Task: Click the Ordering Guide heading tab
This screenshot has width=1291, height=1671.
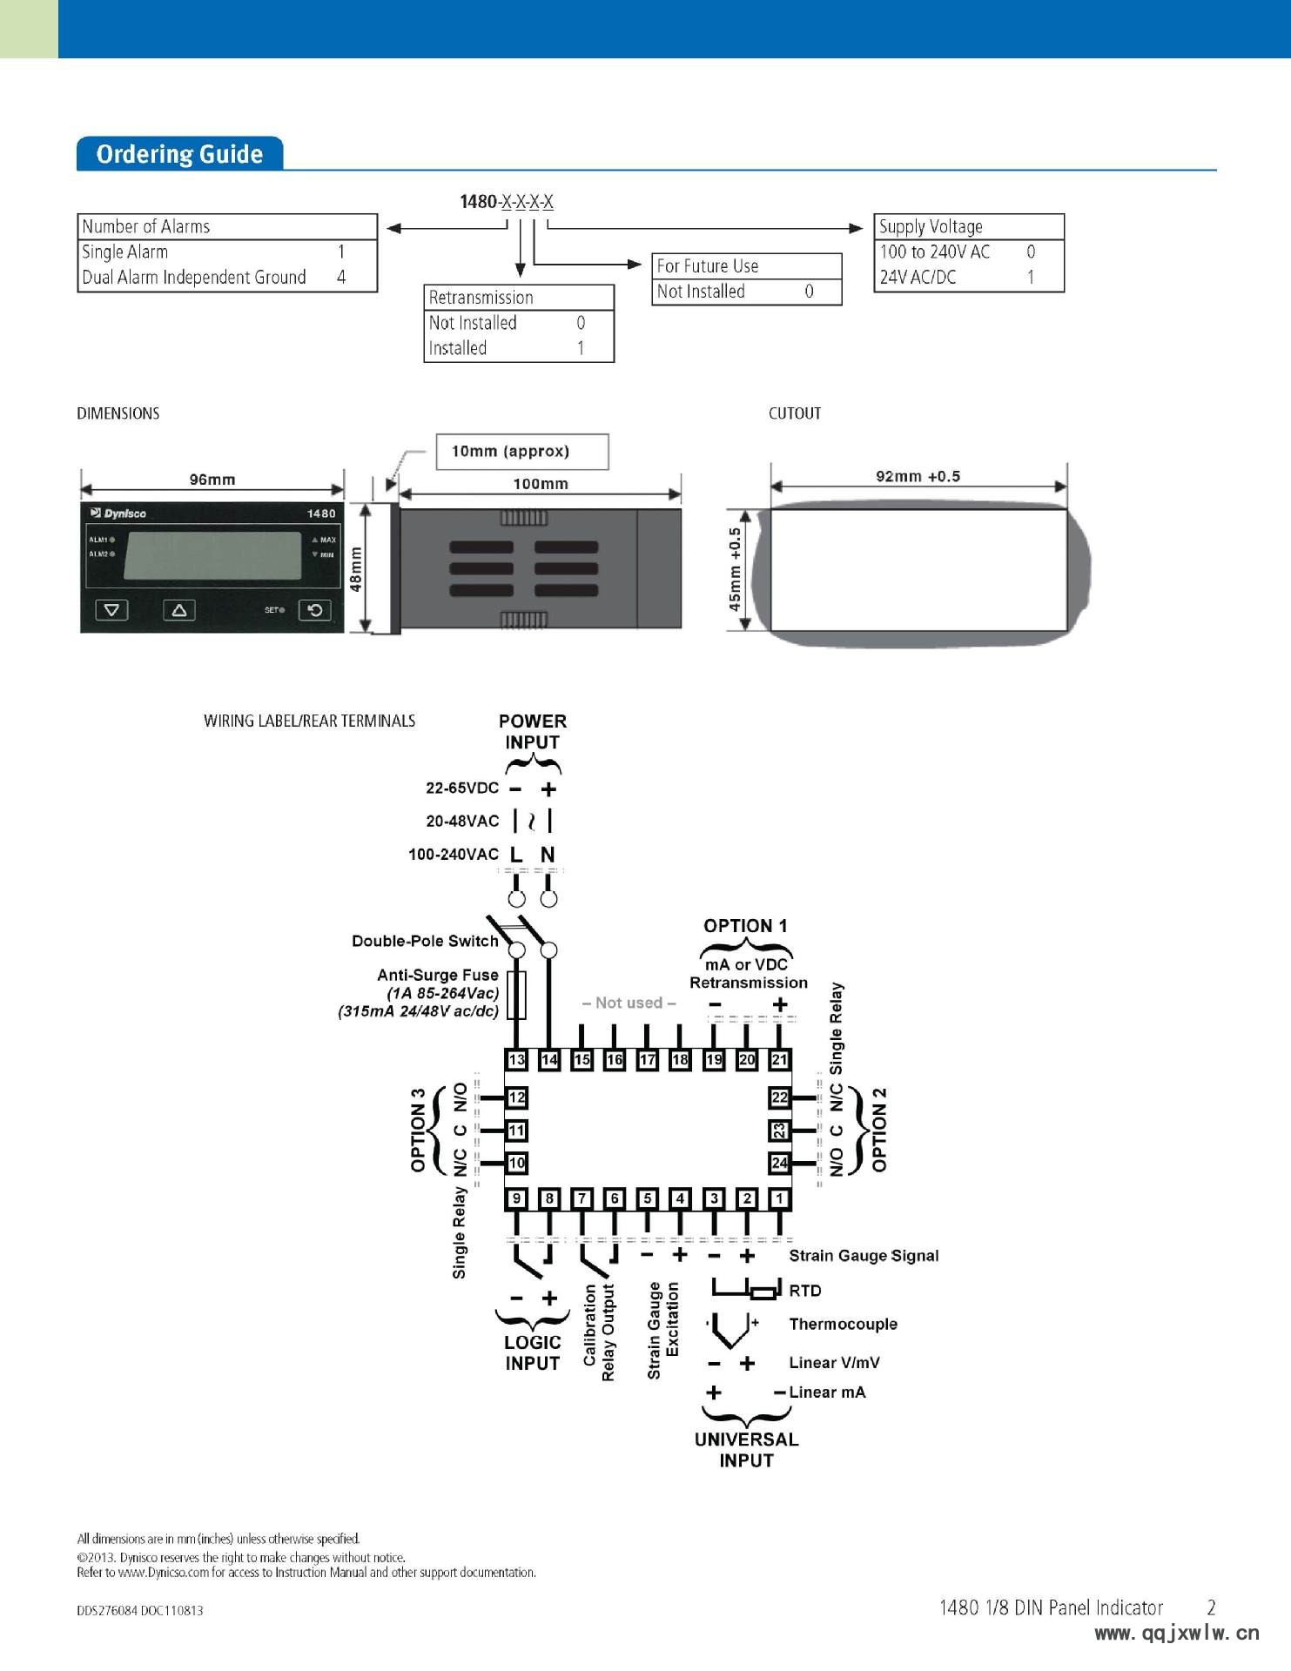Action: (179, 154)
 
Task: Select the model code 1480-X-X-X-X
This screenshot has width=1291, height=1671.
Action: (506, 202)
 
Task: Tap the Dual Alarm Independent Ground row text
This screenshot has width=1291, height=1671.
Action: (194, 278)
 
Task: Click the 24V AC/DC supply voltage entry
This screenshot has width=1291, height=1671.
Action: (918, 278)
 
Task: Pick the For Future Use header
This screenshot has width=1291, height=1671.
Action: (707, 265)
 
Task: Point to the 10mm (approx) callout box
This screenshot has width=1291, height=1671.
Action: (521, 452)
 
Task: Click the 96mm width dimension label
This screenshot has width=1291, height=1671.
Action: (212, 480)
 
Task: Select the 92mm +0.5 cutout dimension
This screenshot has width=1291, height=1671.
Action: (918, 476)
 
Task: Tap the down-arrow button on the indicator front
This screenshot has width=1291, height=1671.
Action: (111, 610)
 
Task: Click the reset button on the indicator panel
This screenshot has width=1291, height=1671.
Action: (315, 610)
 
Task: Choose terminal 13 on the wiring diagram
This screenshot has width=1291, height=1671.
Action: (517, 1059)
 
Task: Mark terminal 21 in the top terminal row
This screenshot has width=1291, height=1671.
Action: (780, 1059)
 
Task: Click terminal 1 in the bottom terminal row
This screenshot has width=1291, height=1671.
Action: (780, 1198)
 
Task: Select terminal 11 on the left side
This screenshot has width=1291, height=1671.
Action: (517, 1131)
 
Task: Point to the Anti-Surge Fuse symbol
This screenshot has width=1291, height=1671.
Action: (516, 996)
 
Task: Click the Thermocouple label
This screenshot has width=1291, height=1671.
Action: (843, 1324)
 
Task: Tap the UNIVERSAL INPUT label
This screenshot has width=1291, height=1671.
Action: (746, 1450)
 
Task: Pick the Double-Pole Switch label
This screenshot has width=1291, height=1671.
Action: (425, 941)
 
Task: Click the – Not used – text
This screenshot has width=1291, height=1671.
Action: (629, 1003)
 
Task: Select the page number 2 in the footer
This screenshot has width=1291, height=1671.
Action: (1211, 1607)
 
